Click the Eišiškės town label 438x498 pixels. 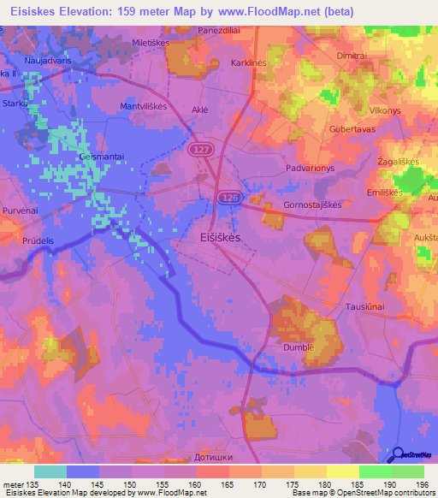(220, 237)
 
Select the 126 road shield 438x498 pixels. (228, 198)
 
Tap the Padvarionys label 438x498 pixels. (311, 169)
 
